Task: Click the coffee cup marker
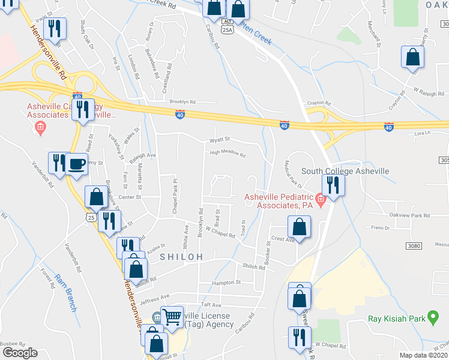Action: click(x=76, y=164)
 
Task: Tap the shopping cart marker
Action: click(x=172, y=316)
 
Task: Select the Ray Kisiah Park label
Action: click(x=396, y=319)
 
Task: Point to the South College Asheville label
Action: click(x=345, y=171)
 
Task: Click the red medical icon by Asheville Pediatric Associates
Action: click(x=321, y=200)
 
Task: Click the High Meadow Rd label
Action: click(x=228, y=154)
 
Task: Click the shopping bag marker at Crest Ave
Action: click(x=299, y=227)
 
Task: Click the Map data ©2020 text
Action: click(x=423, y=355)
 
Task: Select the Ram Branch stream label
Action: click(x=65, y=292)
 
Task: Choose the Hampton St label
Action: click(x=226, y=283)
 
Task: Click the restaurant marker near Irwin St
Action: click(x=55, y=28)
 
